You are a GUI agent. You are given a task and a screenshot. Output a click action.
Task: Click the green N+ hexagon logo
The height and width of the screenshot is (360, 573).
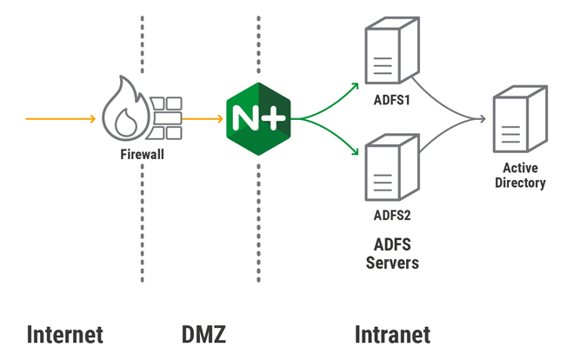pyautogui.click(x=258, y=116)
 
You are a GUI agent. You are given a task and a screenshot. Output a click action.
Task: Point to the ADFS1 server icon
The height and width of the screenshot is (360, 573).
pyautogui.click(x=384, y=55)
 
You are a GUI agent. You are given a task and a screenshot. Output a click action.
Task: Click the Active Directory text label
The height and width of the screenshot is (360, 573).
pyautogui.click(x=519, y=176)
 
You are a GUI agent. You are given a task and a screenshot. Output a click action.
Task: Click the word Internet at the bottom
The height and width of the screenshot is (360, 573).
pyautogui.click(x=65, y=335)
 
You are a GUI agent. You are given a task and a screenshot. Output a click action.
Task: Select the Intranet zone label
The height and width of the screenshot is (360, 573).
pyautogui.click(x=392, y=335)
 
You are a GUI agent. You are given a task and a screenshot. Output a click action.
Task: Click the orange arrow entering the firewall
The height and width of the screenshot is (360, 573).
pyautogui.click(x=61, y=117)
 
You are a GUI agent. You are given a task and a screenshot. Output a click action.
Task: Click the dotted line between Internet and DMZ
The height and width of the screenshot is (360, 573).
pyautogui.click(x=143, y=217)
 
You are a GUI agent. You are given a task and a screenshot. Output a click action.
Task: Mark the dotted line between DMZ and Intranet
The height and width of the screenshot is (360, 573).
pyautogui.click(x=258, y=217)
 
